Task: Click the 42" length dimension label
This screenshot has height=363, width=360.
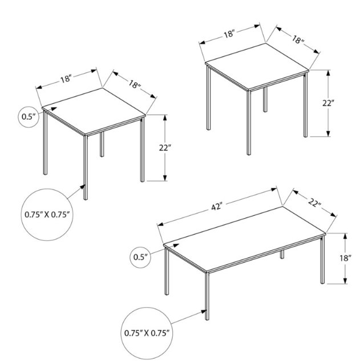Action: click(x=217, y=207)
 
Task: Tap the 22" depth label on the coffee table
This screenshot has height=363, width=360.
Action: click(x=315, y=203)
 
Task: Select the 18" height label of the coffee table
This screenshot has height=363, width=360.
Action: click(x=345, y=258)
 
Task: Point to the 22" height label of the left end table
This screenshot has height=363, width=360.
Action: click(x=165, y=147)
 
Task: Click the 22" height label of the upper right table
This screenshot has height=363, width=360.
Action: click(x=329, y=103)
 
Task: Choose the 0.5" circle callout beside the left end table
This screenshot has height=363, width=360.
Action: click(x=29, y=116)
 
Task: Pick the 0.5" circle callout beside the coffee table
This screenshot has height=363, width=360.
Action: click(x=140, y=257)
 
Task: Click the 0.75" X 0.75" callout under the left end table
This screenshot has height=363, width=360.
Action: click(x=47, y=215)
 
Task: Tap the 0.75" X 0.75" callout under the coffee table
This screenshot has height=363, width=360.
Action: click(x=147, y=333)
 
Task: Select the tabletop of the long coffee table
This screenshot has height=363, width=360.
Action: click(x=244, y=239)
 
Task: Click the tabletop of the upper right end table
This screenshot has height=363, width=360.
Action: click(x=257, y=66)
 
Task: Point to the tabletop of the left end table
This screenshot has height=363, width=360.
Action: click(x=94, y=111)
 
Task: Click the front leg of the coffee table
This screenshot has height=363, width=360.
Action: click(x=207, y=296)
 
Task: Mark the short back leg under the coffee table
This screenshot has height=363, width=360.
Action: click(x=282, y=255)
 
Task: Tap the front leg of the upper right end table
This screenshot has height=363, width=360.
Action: click(x=249, y=123)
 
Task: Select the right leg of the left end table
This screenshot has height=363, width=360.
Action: click(x=142, y=150)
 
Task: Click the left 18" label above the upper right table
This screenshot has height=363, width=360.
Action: click(x=229, y=34)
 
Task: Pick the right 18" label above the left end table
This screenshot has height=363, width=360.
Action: click(x=135, y=84)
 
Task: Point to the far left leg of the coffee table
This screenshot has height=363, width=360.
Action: click(x=167, y=271)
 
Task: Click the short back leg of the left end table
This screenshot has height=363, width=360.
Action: click(x=102, y=144)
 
